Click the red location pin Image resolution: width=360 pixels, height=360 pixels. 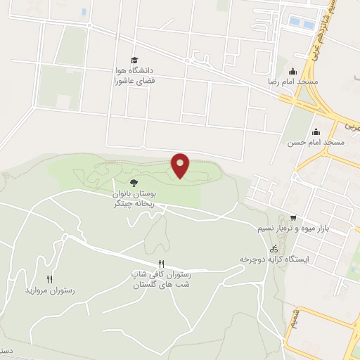[x=180, y=165]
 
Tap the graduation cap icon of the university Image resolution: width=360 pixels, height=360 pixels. [x=134, y=60]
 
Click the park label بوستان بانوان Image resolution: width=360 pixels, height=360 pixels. [x=134, y=192]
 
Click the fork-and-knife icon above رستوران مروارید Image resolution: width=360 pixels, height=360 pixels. [x=49, y=279]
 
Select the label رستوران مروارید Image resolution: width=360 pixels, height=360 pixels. [x=49, y=290]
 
